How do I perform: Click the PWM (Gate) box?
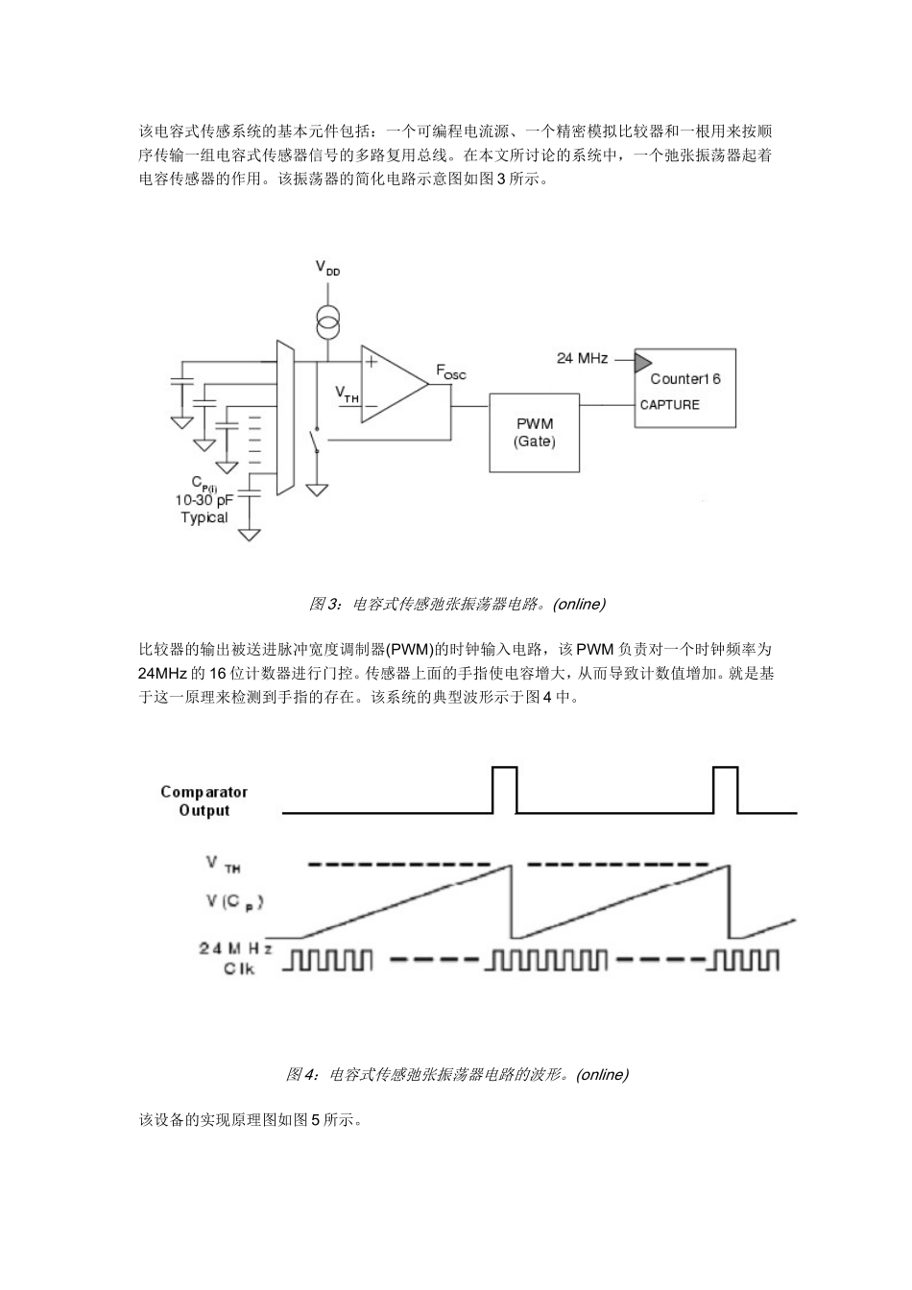point(534,432)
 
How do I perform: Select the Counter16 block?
point(684,388)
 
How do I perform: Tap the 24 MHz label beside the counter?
point(582,358)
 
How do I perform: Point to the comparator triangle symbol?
point(392,384)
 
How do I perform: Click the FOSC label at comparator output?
point(450,371)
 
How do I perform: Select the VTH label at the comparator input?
point(346,393)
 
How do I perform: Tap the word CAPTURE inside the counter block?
point(670,405)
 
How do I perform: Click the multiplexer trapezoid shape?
point(284,418)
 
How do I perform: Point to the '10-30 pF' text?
point(204,500)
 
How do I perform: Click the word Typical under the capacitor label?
point(204,517)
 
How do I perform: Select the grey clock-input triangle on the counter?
point(639,361)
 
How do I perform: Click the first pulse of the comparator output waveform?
point(504,789)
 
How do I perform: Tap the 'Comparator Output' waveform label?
point(204,800)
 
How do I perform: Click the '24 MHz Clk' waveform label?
point(235,958)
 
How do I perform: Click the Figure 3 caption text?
point(457,604)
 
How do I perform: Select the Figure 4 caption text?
point(457,1074)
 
